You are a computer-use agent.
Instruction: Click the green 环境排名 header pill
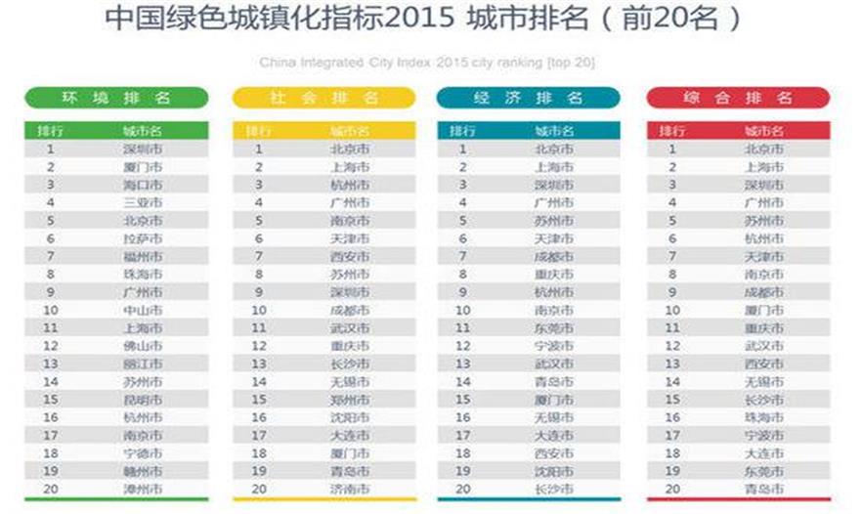pos(116,98)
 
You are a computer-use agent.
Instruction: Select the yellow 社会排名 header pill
pos(325,98)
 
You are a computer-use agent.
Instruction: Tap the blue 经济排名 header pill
pos(528,98)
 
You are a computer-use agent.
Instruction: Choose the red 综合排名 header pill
pos(738,98)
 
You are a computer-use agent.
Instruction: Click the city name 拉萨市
pos(143,238)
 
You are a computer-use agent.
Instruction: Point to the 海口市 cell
pos(143,185)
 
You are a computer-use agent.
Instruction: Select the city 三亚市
pos(143,202)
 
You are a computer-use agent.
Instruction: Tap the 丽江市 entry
pos(143,364)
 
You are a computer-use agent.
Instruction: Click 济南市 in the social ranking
pos(350,489)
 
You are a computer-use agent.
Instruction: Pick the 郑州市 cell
pos(350,400)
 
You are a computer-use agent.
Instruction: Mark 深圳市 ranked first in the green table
pos(143,150)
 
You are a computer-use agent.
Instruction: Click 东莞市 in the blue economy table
pos(554,328)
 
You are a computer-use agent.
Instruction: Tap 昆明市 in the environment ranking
pos(143,400)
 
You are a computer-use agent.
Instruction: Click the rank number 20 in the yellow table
pos(259,489)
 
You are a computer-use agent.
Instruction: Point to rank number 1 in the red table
pos(672,150)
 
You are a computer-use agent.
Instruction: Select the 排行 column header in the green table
pos(50,131)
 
